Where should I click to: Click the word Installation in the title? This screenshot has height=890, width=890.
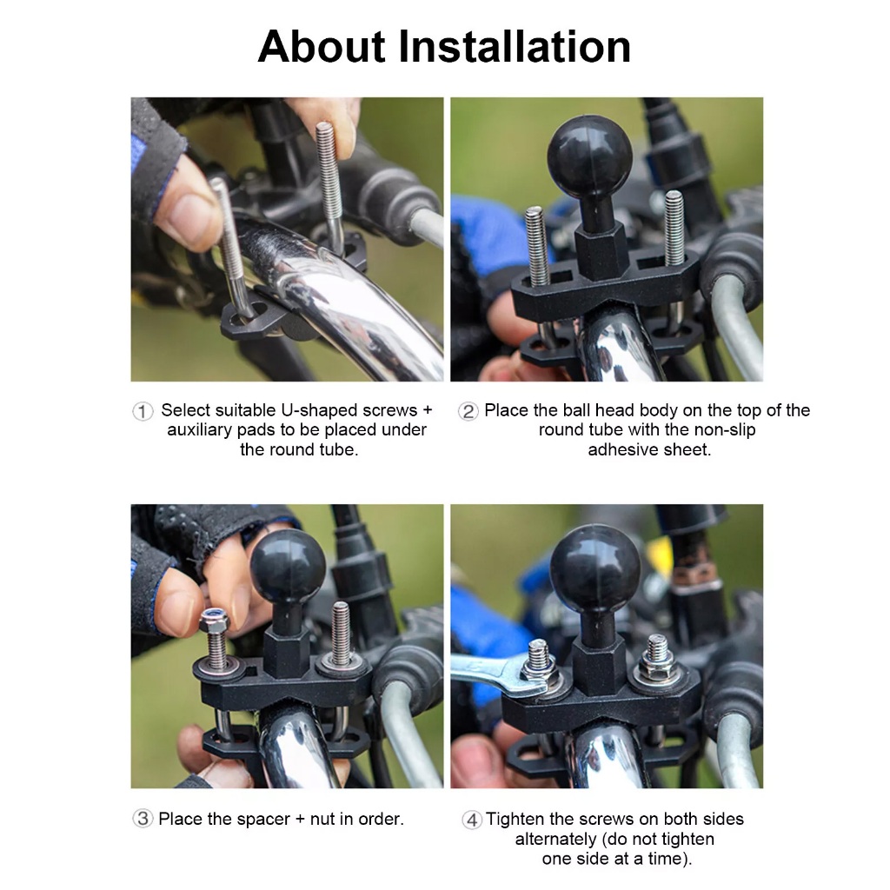[x=515, y=46]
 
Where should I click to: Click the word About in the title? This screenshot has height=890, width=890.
[x=322, y=46]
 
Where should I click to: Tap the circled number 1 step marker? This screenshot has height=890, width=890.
[x=143, y=411]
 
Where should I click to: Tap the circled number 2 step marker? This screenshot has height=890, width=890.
[x=468, y=411]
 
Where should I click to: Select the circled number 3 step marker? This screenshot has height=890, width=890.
[x=143, y=819]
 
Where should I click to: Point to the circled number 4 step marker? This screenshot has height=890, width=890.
[x=471, y=820]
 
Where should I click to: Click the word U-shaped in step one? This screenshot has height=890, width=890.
[x=318, y=410]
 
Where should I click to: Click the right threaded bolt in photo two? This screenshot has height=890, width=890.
[x=674, y=229]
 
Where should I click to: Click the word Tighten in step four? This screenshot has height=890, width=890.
[x=515, y=819]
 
